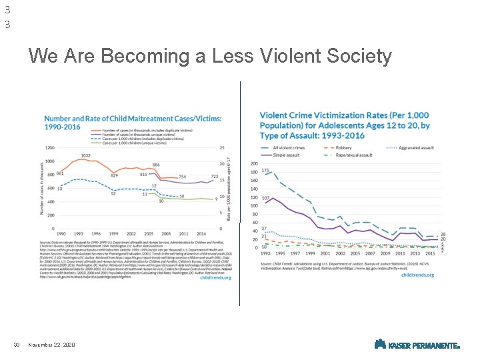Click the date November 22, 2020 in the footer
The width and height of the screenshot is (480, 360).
(51, 345)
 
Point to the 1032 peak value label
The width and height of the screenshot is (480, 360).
(86, 155)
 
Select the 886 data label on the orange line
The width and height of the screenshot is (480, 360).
(155, 165)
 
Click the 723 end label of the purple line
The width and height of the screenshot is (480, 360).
(215, 176)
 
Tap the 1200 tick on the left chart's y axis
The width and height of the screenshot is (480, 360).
(50, 147)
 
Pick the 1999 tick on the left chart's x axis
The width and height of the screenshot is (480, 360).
(113, 234)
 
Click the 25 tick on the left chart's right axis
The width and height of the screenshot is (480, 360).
(222, 147)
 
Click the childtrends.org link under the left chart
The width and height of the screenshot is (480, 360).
(214, 278)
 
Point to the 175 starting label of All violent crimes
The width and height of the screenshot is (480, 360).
(265, 171)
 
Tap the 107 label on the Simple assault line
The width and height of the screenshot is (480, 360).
(265, 198)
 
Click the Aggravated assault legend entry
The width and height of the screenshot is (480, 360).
(415, 147)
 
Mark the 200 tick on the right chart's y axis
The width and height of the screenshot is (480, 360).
(254, 164)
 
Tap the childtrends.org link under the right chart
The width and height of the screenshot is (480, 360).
(417, 275)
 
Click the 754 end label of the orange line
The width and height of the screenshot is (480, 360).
(182, 177)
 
